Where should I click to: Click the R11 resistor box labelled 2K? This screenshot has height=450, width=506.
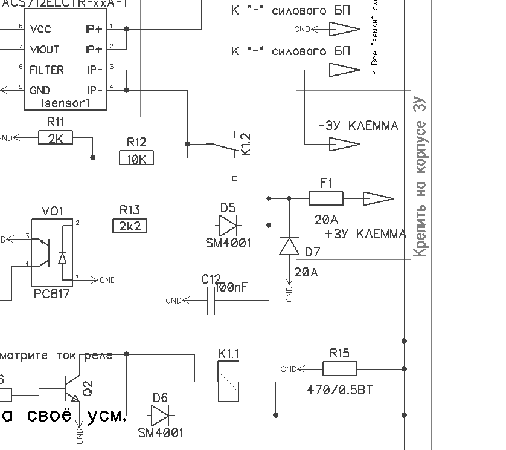pyautogui.click(x=55, y=139)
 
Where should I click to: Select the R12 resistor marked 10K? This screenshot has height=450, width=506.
pyautogui.click(x=136, y=158)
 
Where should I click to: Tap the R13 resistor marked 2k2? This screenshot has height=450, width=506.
pyautogui.click(x=129, y=226)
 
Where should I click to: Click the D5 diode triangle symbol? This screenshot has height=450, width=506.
pyautogui.click(x=228, y=226)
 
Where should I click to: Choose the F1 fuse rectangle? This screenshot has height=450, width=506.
pyautogui.click(x=326, y=198)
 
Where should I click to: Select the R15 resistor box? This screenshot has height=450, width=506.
pyautogui.click(x=340, y=368)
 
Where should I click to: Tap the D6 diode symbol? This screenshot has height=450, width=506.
pyautogui.click(x=160, y=415)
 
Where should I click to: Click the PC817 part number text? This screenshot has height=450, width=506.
pyautogui.click(x=51, y=294)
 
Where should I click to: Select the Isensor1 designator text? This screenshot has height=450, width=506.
pyautogui.click(x=66, y=103)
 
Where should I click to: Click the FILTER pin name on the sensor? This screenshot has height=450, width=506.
pyautogui.click(x=46, y=70)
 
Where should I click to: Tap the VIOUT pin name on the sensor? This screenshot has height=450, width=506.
pyautogui.click(x=45, y=50)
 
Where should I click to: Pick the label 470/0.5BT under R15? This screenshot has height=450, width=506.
pyautogui.click(x=340, y=390)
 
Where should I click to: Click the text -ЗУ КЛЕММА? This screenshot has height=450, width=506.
pyautogui.click(x=358, y=126)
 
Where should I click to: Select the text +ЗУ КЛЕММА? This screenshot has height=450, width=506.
pyautogui.click(x=365, y=234)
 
